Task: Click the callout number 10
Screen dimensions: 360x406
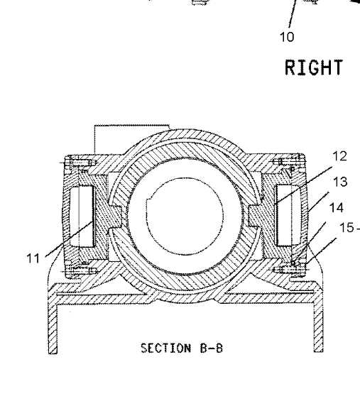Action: tap(288, 37)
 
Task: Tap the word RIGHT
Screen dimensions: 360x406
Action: tap(314, 67)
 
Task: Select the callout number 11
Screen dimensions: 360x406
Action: tap(33, 258)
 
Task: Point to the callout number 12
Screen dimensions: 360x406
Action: tap(339, 156)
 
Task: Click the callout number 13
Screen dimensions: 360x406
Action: tap(340, 182)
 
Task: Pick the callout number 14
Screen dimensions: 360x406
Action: tap(337, 208)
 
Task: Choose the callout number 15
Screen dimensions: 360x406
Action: tap(347, 228)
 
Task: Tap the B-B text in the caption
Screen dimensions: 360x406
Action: tap(212, 348)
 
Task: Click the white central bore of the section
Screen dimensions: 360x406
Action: tap(185, 216)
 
